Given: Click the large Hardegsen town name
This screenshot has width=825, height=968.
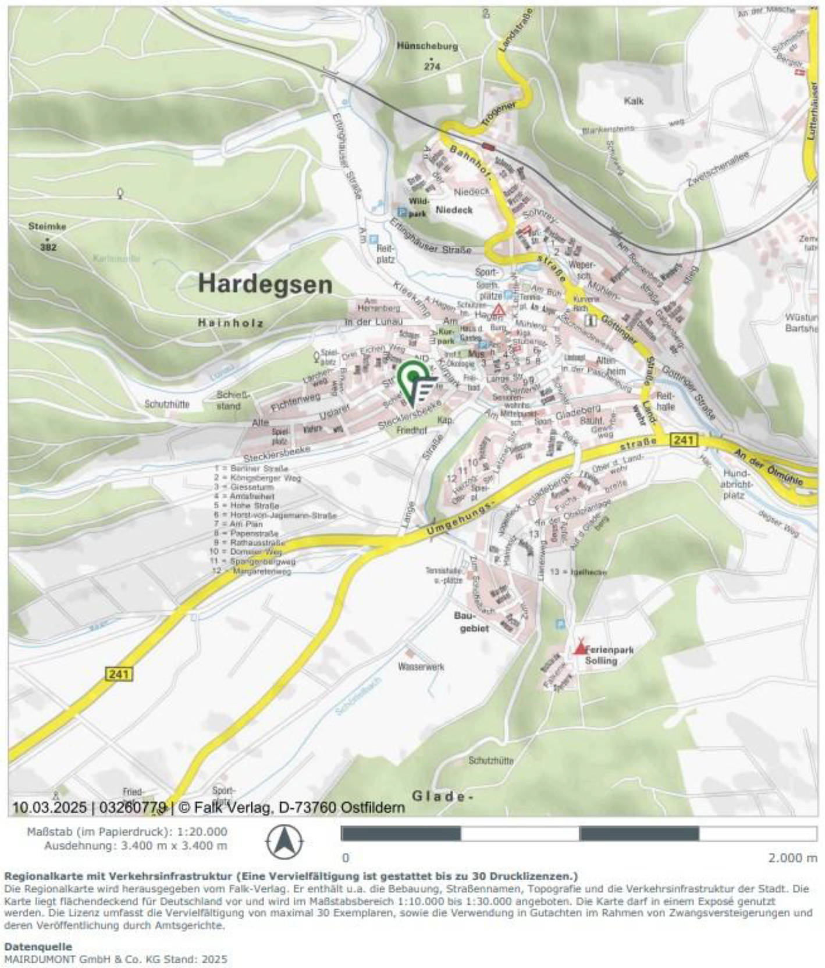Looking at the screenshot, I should pyautogui.click(x=265, y=284).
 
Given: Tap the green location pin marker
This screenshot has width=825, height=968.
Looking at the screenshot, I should pyautogui.click(x=412, y=378).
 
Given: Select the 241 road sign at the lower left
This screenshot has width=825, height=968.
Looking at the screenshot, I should pyautogui.click(x=119, y=674).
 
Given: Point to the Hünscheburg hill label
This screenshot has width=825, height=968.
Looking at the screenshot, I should pyautogui.click(x=428, y=46).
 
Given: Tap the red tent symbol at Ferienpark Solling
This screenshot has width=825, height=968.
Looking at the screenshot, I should pyautogui.click(x=579, y=647).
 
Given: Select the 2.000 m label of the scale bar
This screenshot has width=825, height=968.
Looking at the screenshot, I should pyautogui.click(x=792, y=857).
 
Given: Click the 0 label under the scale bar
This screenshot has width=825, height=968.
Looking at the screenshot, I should pyautogui.click(x=346, y=857).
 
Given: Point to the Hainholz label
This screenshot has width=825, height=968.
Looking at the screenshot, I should pyautogui.click(x=230, y=322).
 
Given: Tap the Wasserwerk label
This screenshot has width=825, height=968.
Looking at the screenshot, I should pyautogui.click(x=421, y=667).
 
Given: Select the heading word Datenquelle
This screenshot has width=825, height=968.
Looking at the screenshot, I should pyautogui.click(x=38, y=946).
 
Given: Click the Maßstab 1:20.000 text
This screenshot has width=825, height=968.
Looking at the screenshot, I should pyautogui.click(x=127, y=832).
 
